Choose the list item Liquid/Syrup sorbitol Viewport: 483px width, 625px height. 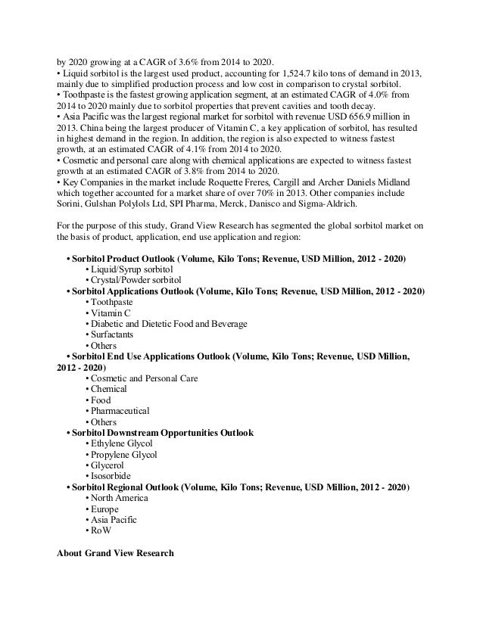point(132,269)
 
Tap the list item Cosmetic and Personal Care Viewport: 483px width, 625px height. point(145,378)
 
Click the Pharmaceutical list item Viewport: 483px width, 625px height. point(120,411)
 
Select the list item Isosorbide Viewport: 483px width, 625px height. point(112,477)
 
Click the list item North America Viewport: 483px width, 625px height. point(120,499)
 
